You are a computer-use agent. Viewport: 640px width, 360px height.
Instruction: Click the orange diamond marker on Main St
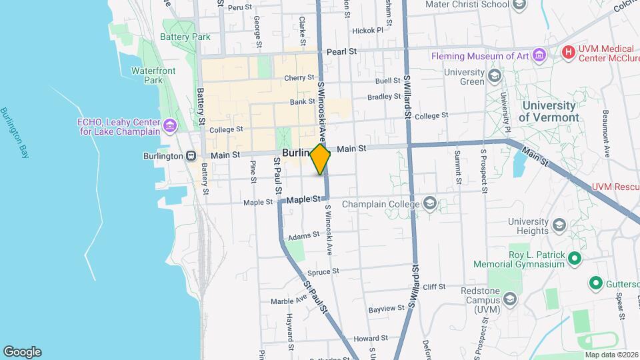click(x=321, y=159)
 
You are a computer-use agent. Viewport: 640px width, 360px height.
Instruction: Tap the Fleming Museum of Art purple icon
click(x=539, y=56)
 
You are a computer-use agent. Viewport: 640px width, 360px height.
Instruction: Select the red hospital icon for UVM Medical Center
click(x=568, y=51)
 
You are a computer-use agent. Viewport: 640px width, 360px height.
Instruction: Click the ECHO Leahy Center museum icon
click(x=170, y=125)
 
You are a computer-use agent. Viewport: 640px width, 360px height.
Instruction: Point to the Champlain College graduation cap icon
click(x=430, y=204)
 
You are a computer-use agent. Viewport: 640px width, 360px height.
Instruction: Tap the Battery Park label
click(x=185, y=37)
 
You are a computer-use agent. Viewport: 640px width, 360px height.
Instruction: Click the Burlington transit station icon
click(x=191, y=156)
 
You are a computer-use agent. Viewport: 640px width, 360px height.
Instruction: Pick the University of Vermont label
click(x=548, y=111)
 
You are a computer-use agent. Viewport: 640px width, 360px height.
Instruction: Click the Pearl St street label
click(x=342, y=51)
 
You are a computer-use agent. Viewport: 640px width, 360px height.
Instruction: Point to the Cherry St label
click(x=294, y=78)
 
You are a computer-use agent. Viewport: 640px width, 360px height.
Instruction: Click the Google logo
click(x=22, y=351)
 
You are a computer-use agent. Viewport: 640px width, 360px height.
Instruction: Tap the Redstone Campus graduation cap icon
click(x=510, y=300)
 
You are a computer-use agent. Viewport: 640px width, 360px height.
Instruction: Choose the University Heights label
click(x=528, y=226)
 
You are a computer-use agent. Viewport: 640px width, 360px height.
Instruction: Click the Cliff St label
click(x=433, y=287)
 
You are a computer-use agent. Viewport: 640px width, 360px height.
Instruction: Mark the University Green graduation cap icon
click(x=494, y=75)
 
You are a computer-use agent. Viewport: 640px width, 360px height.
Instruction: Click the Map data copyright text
click(x=611, y=354)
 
